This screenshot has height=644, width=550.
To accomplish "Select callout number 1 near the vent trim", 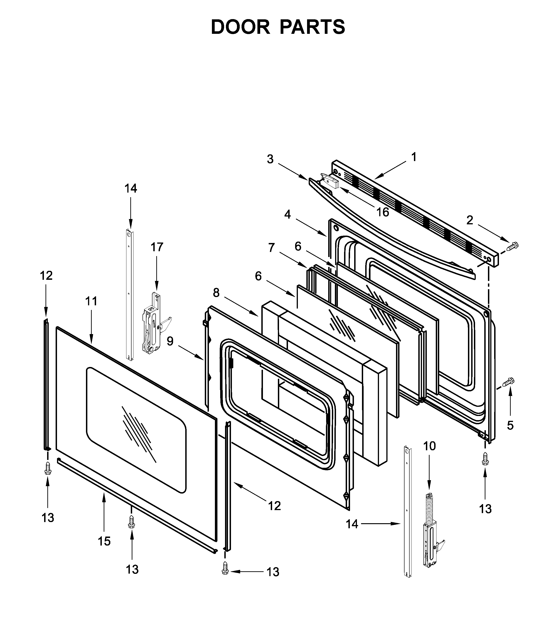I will coord(414,157).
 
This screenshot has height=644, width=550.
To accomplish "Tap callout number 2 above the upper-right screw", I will coord(470,220).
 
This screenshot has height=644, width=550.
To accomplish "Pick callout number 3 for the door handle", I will coord(270,159).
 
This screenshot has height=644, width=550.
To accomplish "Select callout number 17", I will coord(157,247).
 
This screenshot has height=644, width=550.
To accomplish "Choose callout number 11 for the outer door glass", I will coord(91,301).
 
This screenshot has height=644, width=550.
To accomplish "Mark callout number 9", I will coord(170,341).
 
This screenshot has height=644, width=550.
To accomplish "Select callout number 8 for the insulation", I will coord(216,293).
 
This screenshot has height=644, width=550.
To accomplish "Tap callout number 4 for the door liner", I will coord(288,214).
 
